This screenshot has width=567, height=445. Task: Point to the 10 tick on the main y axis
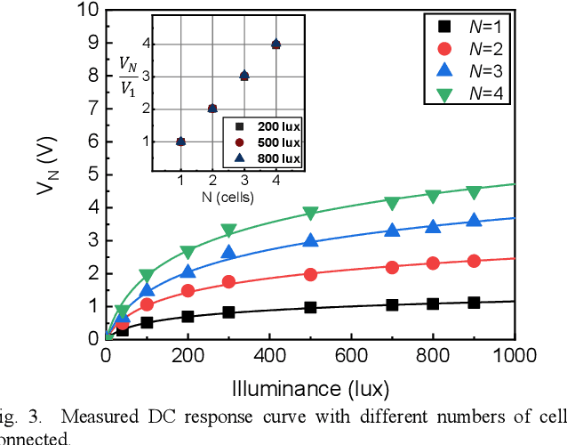pyautogui.click(x=87, y=11)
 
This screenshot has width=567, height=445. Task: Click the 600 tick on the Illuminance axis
pyautogui.click(x=351, y=356)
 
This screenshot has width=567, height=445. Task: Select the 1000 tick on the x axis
pyautogui.click(x=514, y=356)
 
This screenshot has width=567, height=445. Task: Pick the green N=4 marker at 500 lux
pyautogui.click(x=310, y=214)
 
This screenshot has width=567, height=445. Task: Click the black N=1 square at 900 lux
pyautogui.click(x=474, y=303)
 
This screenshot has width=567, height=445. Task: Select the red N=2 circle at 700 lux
pyautogui.click(x=392, y=266)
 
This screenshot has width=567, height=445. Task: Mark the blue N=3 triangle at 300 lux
pyautogui.click(x=228, y=253)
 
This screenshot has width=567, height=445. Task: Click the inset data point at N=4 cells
pyautogui.click(x=276, y=44)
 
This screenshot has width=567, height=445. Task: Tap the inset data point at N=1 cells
pyautogui.click(x=180, y=141)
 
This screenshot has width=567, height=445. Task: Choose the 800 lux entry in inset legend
pyautogui.click(x=265, y=158)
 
